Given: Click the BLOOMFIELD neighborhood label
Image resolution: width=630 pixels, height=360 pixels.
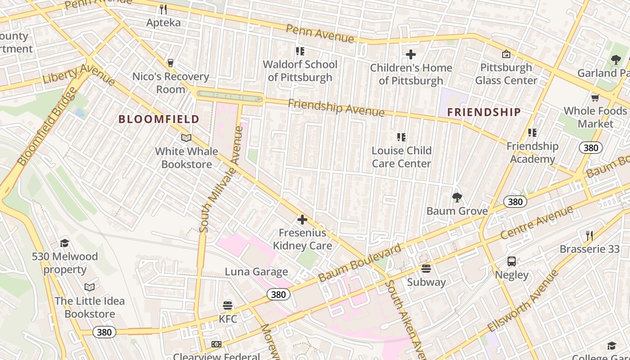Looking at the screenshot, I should point(158,119).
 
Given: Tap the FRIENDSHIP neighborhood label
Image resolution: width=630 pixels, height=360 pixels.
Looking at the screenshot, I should point(484,112).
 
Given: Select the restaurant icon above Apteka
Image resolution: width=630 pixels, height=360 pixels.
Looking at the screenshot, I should point(163,9).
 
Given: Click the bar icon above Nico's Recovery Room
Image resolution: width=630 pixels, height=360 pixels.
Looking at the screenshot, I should point(170,63).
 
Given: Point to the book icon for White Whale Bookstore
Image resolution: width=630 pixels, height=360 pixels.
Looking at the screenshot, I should point(186,138).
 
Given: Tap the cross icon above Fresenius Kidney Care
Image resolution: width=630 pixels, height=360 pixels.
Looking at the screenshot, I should point(302,220).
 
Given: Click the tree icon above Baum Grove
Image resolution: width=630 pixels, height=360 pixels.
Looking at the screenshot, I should point(457,198).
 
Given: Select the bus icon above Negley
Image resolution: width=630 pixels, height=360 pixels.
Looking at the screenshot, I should point(512,261).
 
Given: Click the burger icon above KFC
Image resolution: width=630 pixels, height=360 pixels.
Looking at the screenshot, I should point(228,306).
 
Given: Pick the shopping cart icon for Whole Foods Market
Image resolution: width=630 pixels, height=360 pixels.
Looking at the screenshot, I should point(595,98).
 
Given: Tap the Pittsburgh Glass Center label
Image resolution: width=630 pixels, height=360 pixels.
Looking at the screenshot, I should point(506,74).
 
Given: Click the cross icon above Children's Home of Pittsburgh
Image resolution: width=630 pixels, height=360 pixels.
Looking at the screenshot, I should point(410,54).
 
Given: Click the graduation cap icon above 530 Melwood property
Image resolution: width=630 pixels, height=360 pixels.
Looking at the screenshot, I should point(64,243).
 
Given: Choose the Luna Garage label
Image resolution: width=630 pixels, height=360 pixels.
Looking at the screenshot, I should point(256,271).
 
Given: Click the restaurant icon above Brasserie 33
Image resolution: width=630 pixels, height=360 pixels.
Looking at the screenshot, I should point(589,235).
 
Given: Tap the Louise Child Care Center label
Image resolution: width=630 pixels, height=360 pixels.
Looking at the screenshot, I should point(401,157).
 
